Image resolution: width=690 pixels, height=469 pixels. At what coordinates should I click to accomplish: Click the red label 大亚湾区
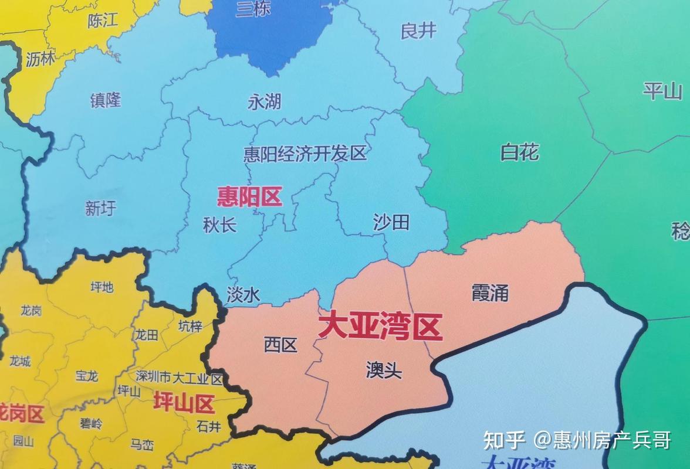tap(380, 327)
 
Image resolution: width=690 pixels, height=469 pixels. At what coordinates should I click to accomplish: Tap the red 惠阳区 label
tap(249, 197)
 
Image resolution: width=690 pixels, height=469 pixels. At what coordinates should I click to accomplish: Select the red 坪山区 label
tap(184, 403)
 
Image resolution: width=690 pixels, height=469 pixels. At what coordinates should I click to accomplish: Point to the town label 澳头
tap(384, 371)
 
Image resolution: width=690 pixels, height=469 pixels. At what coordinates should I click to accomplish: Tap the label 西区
tap(280, 345)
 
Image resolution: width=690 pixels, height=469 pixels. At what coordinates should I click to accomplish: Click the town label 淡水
tap(243, 295)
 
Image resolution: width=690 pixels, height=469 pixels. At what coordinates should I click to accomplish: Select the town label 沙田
tap(391, 222)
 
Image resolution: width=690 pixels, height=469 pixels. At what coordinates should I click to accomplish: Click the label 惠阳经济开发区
tap(305, 154)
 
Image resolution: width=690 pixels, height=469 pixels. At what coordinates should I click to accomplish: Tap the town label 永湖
tap(264, 102)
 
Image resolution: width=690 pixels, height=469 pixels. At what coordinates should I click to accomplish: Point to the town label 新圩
tap(101, 208)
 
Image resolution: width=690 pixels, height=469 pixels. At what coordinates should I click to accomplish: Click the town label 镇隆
tap(106, 100)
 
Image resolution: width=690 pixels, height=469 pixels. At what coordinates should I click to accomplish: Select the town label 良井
tap(418, 30)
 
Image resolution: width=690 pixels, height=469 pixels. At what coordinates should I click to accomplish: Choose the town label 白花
tap(519, 152)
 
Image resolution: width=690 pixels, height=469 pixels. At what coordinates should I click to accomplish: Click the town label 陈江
tap(103, 21)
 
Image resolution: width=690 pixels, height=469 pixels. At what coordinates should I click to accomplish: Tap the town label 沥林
tap(40, 59)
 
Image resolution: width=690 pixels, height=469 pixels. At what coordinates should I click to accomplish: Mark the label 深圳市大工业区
tap(179, 378)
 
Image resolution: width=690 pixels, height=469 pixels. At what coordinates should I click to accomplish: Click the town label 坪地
tap(102, 287)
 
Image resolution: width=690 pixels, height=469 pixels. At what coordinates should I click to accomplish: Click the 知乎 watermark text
tap(503, 439)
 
